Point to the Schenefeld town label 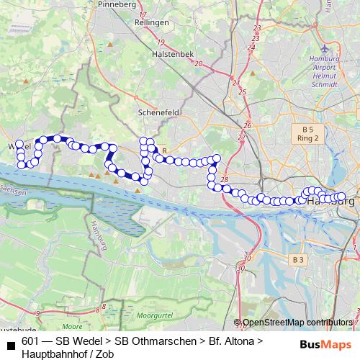pyautogui.click(x=158, y=113)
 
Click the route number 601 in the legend pyautogui.click(x=30, y=341)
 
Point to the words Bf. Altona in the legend pyautogui.click(x=230, y=341)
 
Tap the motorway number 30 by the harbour pyautogui.click(x=248, y=257)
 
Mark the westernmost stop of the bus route pyautogui.click(x=19, y=144)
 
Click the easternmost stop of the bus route pyautogui.click(x=341, y=196)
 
